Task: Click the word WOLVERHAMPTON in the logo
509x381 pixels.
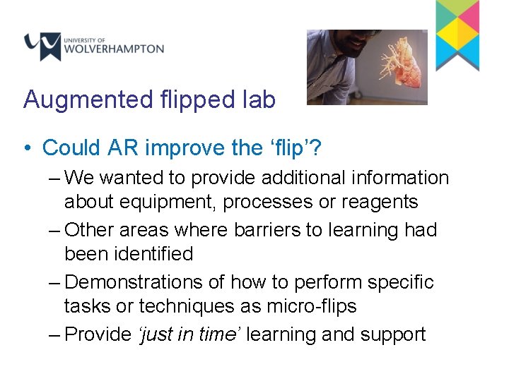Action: [114, 49]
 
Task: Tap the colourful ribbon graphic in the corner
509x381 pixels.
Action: [457, 34]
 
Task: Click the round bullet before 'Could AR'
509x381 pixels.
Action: [25, 148]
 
